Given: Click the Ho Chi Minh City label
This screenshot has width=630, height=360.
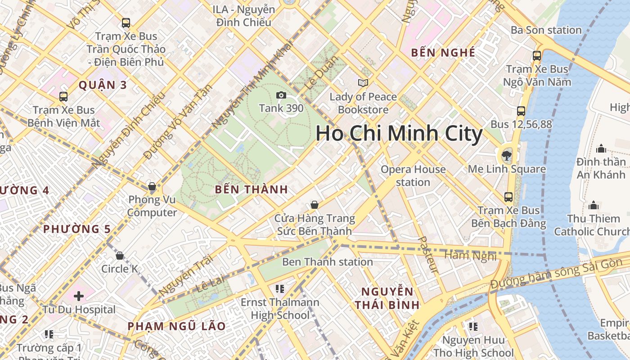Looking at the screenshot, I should [399, 134].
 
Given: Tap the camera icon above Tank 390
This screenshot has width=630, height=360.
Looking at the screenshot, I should [281, 95].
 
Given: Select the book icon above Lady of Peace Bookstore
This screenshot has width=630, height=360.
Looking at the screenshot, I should [363, 83].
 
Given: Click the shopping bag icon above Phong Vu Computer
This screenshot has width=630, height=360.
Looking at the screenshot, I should [152, 186].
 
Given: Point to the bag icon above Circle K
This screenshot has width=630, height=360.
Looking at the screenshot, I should [120, 256].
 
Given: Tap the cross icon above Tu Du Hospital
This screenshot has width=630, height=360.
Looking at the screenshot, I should [79, 296].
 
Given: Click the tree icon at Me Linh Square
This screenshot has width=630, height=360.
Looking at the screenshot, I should [507, 156].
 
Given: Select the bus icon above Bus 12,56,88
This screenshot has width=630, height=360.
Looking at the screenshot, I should [521, 111].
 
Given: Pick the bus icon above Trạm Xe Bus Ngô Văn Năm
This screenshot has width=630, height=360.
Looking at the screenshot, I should [537, 56].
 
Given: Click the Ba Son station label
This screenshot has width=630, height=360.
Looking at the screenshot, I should [546, 30].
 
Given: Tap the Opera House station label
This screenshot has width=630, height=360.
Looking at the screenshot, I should [413, 176].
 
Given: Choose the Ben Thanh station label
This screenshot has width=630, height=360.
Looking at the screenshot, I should [327, 262].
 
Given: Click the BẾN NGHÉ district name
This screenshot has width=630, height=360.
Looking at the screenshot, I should [443, 53].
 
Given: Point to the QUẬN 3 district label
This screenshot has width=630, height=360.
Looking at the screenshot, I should [103, 85].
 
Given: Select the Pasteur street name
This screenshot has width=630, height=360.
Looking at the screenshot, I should [428, 255].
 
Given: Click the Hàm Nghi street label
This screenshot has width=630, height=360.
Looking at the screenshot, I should [470, 256].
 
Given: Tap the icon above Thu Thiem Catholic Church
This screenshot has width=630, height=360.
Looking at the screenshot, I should [594, 206].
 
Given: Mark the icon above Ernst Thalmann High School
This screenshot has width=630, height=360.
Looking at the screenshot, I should [280, 288].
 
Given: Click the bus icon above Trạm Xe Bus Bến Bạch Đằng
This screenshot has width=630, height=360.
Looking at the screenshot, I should [508, 197].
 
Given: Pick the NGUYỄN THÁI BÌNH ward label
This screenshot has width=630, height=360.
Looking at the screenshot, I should [387, 298].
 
